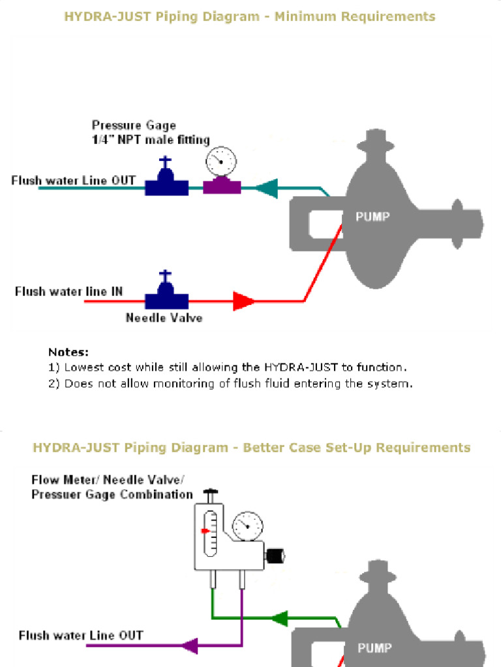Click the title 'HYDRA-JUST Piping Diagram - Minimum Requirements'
[250, 16]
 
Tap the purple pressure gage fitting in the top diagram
[222, 187]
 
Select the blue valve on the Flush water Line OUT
[167, 182]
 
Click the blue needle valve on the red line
[166, 296]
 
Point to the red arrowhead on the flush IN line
[244, 301]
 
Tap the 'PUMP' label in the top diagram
[372, 217]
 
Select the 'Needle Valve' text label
[164, 318]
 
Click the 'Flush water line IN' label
[68, 291]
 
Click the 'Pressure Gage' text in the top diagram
[134, 125]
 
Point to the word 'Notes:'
[68, 352]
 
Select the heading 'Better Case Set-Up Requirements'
[356, 447]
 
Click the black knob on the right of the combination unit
[277, 556]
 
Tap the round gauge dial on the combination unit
[248, 525]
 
